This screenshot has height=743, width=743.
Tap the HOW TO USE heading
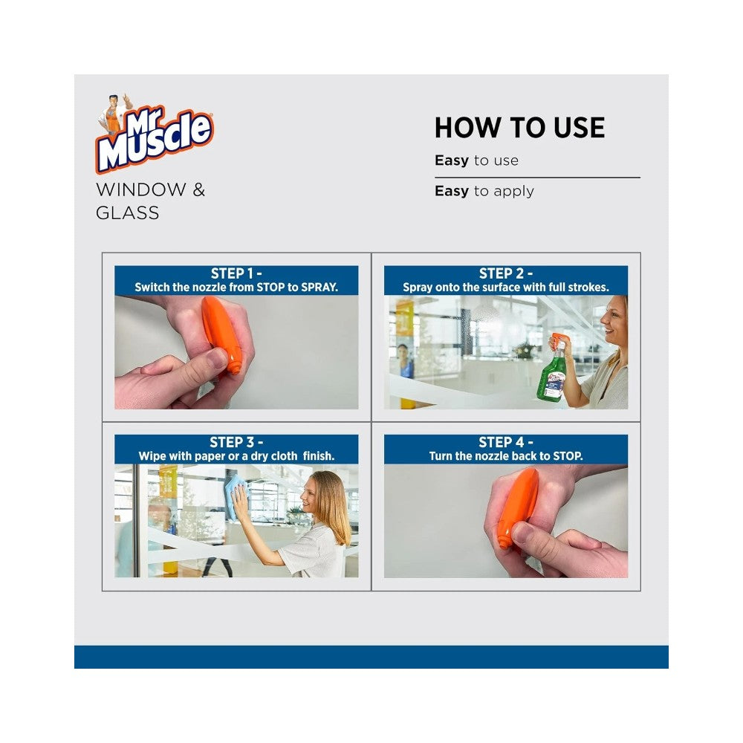520,128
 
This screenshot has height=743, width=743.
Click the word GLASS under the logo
128,212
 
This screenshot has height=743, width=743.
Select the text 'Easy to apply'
484,191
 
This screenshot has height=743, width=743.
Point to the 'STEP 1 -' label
236,273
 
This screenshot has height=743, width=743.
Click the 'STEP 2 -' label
506,273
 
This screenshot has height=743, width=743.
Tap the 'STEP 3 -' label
236,442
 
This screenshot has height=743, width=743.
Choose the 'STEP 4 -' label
506,442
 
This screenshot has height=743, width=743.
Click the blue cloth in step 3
236,498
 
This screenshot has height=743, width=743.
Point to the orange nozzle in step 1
221,334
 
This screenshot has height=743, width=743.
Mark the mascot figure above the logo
114,113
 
